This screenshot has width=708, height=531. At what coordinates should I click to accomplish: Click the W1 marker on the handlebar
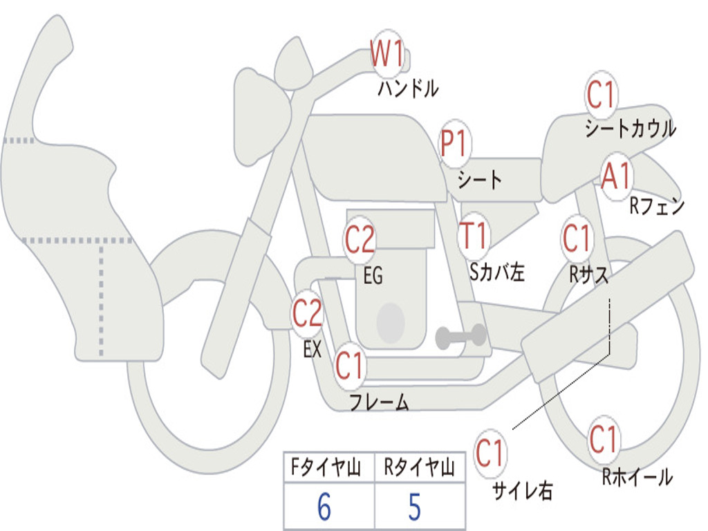386,53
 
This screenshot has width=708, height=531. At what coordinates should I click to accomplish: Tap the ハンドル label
408,88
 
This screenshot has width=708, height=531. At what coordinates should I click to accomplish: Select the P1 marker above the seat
455,144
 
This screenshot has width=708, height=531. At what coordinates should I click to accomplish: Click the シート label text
480,180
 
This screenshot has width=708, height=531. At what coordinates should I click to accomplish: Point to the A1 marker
616,176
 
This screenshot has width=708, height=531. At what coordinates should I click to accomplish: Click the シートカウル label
631,128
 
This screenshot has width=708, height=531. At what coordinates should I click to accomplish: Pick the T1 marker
473,236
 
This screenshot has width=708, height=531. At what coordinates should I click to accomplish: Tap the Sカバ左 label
496,272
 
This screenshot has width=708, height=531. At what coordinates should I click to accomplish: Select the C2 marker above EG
360,239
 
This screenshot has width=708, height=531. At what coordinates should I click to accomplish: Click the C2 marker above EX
308,313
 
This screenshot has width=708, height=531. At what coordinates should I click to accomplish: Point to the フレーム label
380,402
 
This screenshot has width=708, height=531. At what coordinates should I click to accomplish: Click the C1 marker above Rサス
577,239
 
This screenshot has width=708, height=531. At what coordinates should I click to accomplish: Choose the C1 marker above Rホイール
604,439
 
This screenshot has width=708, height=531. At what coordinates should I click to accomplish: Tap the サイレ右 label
523,490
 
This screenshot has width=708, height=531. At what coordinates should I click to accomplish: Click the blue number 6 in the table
324,507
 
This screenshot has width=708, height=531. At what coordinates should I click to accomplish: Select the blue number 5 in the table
415,507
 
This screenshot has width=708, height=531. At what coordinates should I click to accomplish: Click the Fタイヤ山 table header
326,467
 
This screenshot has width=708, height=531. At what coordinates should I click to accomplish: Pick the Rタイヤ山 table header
419,467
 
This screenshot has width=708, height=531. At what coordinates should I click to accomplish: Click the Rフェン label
658,207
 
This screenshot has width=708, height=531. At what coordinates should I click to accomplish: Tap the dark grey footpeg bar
460,337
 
